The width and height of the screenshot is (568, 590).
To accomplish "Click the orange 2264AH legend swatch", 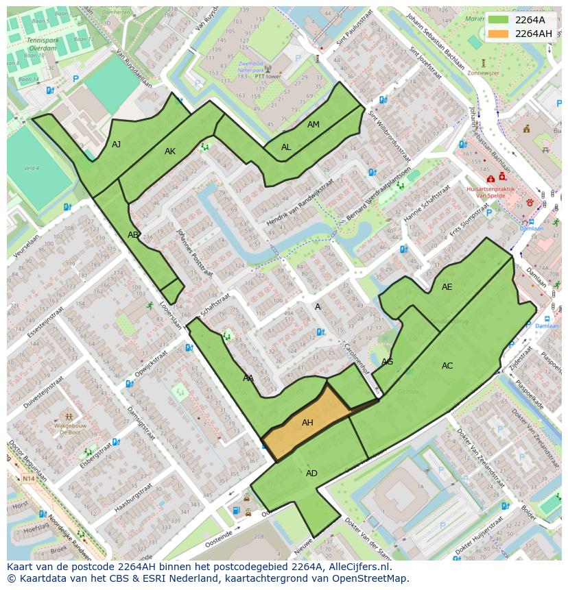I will [499, 34].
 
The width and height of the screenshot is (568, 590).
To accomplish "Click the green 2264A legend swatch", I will [499, 19].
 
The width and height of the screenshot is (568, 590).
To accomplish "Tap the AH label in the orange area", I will [307, 423].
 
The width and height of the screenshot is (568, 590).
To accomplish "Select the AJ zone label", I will [117, 144].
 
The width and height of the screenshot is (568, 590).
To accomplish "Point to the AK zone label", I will [170, 151].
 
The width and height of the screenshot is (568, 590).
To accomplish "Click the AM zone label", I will [313, 125].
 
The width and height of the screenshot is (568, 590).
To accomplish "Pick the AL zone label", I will [286, 147].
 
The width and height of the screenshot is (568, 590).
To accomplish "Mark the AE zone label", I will [447, 287].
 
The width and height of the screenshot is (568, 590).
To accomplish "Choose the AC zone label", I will [447, 366].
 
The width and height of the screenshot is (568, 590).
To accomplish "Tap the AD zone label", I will [311, 474].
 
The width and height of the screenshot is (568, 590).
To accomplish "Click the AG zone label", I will [387, 362].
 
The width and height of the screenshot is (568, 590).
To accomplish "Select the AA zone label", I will [248, 378].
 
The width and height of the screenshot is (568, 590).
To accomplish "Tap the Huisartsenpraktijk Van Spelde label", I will [491, 191].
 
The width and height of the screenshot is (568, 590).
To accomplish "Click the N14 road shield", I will [28, 478].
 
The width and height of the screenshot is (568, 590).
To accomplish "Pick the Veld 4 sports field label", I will [32, 168].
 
